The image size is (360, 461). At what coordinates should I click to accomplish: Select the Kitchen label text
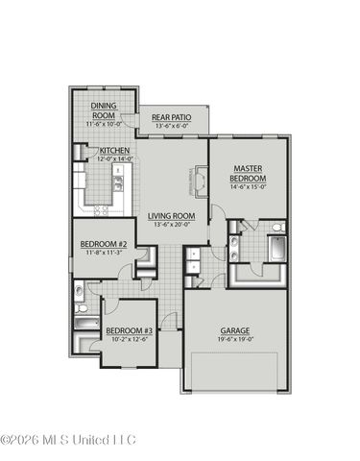(x=115, y=151)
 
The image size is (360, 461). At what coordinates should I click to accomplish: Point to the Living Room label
(x=171, y=216)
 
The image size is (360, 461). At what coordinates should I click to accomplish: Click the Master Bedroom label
(x=248, y=174)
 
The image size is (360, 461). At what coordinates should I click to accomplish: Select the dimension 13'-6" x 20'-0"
(x=171, y=226)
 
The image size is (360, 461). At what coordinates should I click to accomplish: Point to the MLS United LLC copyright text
(x=69, y=441)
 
